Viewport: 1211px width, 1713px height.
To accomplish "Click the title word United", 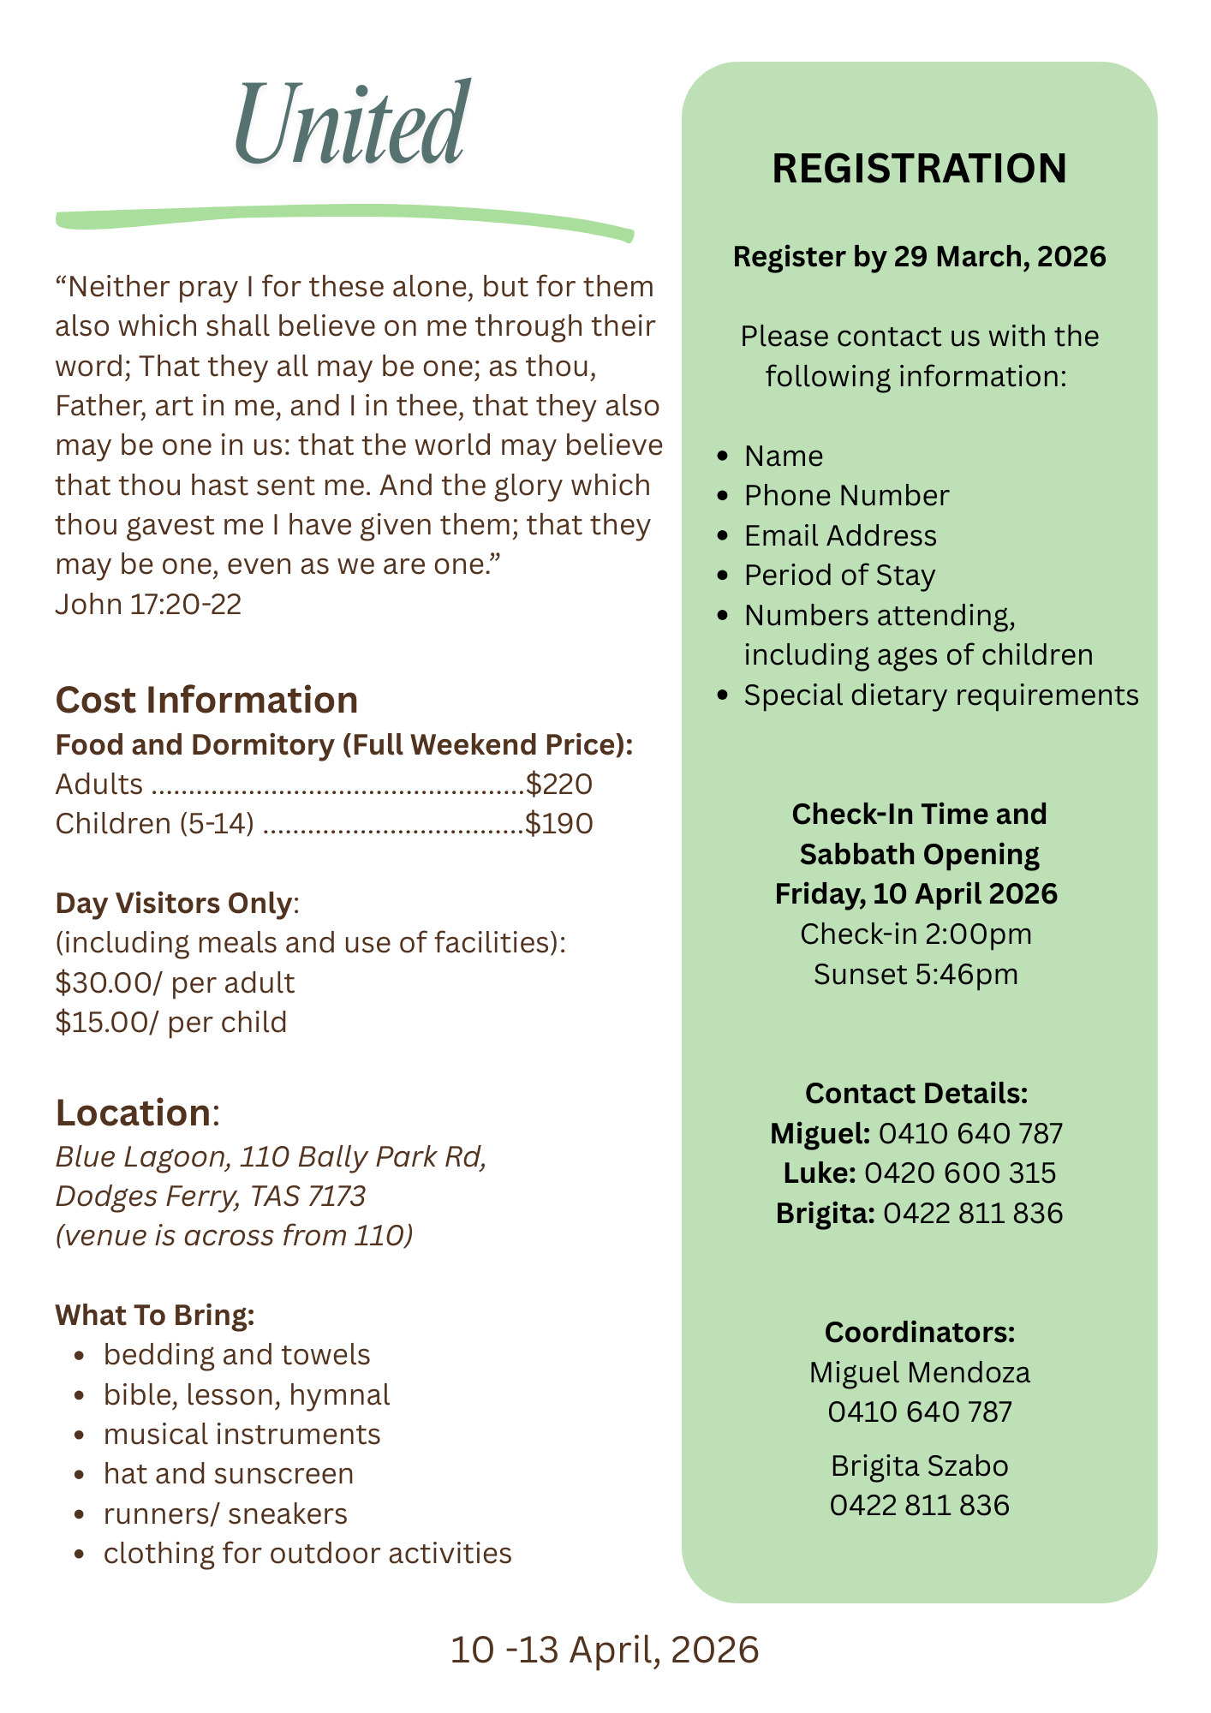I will [x=351, y=124].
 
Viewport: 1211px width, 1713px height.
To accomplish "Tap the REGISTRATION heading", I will [x=919, y=168].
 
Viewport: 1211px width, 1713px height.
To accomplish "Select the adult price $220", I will [x=559, y=784].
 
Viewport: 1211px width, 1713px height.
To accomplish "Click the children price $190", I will [x=559, y=823].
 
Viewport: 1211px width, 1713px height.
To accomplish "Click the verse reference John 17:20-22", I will [x=148, y=604].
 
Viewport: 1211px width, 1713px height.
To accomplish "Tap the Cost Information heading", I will [x=206, y=700].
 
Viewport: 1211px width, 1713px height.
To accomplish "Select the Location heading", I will [x=133, y=1113].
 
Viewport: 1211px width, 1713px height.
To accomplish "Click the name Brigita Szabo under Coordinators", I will [x=919, y=1465].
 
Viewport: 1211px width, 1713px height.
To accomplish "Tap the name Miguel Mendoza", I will [x=919, y=1372].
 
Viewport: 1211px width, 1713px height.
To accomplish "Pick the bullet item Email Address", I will [x=840, y=535].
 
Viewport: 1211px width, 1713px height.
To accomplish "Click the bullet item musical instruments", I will [x=242, y=1434].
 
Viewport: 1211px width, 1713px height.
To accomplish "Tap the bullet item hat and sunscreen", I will [x=229, y=1473].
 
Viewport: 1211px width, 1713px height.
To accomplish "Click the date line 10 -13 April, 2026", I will [x=605, y=1650].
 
